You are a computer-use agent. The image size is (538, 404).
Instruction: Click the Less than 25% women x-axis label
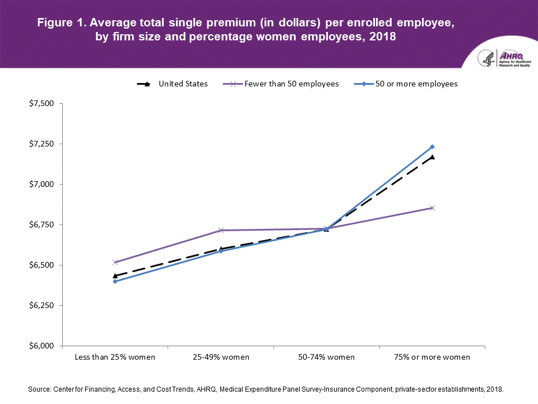click(x=115, y=357)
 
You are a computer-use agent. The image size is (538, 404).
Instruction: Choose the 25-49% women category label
click(x=221, y=357)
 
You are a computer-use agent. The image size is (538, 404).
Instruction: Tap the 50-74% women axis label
click(x=326, y=357)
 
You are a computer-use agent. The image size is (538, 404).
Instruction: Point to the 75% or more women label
click(x=432, y=357)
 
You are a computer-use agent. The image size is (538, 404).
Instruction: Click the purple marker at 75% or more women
click(x=432, y=208)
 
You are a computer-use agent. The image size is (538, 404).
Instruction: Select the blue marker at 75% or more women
click(x=432, y=146)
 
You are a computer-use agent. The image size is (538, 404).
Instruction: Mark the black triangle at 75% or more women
click(x=432, y=157)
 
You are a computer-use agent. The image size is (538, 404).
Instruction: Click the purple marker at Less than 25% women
click(x=115, y=262)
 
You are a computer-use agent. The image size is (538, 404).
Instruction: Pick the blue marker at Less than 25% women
click(x=115, y=281)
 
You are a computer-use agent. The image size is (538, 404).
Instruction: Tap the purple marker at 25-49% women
click(x=221, y=230)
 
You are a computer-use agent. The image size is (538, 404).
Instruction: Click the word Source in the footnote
click(x=39, y=388)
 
